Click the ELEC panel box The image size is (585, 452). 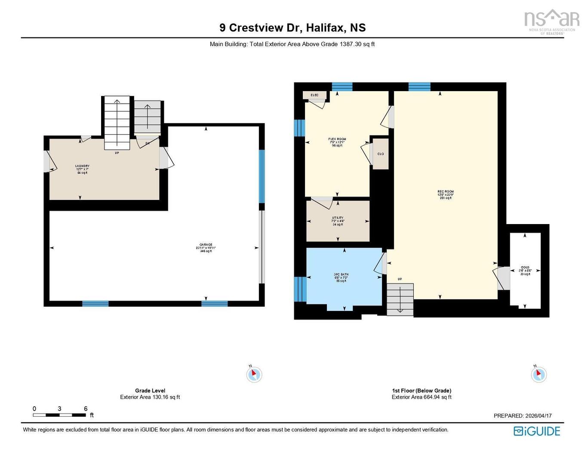(x=314, y=95)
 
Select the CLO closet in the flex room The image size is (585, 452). (x=381, y=154)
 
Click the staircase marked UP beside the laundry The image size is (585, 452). (x=117, y=123)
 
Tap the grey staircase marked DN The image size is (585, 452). (x=147, y=117)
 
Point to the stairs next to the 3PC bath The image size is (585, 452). (x=400, y=299)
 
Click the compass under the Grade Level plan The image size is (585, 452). (x=254, y=374)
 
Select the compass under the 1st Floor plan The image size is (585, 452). (x=539, y=374)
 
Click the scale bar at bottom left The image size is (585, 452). (x=59, y=415)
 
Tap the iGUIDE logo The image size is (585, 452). (x=537, y=431)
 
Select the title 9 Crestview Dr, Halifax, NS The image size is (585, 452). (x=292, y=28)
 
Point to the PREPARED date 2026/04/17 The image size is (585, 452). (x=523, y=416)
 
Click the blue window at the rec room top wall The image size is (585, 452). (x=419, y=86)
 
